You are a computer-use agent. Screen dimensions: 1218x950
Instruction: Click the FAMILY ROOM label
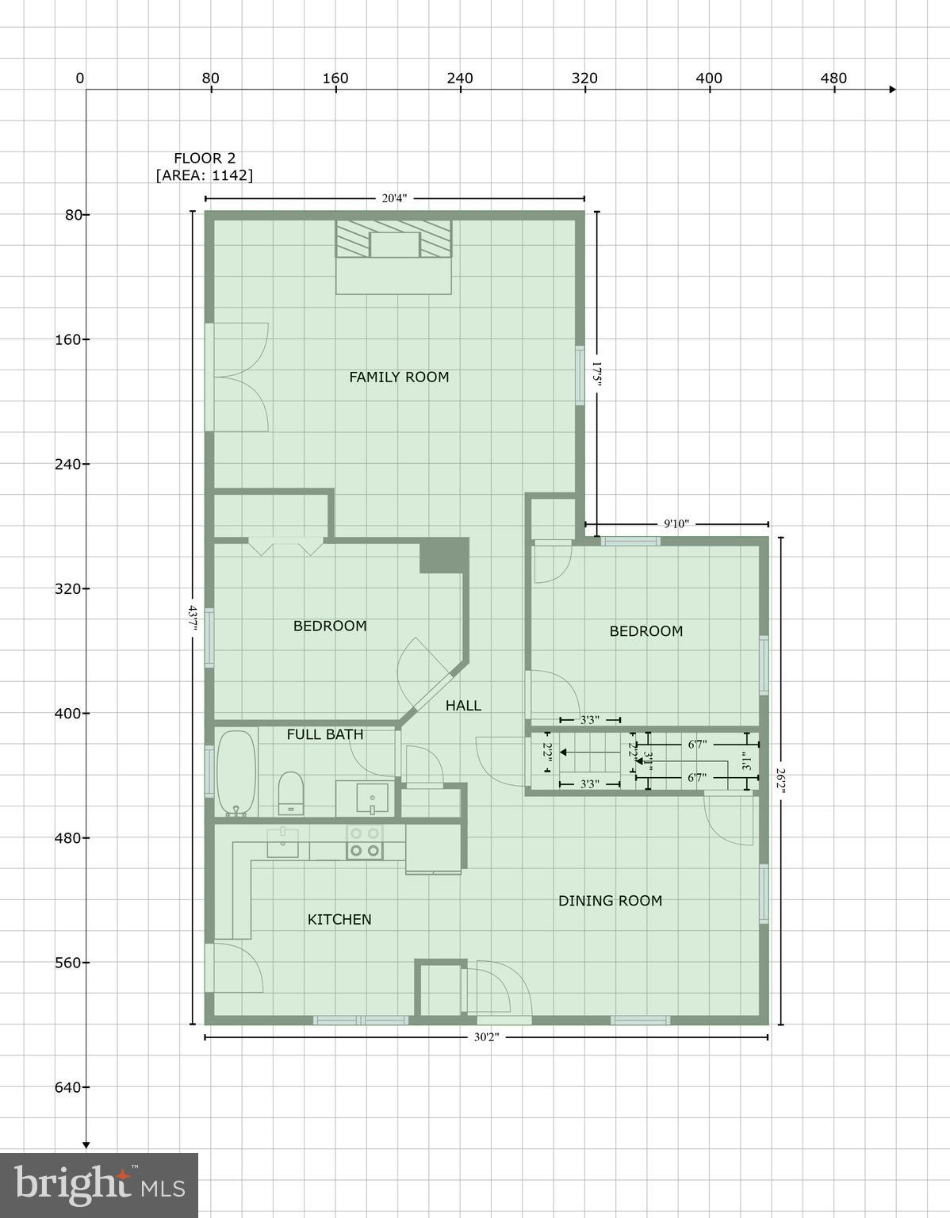click(399, 377)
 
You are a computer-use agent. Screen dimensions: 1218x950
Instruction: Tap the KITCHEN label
click(339, 919)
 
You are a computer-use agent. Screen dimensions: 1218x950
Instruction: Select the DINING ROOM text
click(610, 900)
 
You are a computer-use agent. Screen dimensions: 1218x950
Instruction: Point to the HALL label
click(463, 705)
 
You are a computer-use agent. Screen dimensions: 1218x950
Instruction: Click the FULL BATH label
click(325, 734)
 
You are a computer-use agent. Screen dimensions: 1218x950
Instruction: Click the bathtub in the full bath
click(236, 772)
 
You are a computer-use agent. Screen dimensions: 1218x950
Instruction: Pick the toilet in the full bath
click(291, 792)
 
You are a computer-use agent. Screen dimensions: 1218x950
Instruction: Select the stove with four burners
click(365, 841)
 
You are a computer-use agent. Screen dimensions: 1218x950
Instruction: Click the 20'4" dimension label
click(394, 198)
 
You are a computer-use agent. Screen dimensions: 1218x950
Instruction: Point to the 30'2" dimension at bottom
click(485, 1037)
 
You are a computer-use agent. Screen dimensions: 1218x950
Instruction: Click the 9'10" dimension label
click(676, 523)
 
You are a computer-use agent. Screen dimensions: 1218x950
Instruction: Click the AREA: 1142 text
click(205, 175)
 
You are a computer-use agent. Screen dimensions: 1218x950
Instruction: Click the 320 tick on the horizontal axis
click(584, 79)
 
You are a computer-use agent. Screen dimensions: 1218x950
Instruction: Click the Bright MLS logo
click(99, 1185)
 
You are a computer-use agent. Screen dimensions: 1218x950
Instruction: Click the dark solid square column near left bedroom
click(444, 554)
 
